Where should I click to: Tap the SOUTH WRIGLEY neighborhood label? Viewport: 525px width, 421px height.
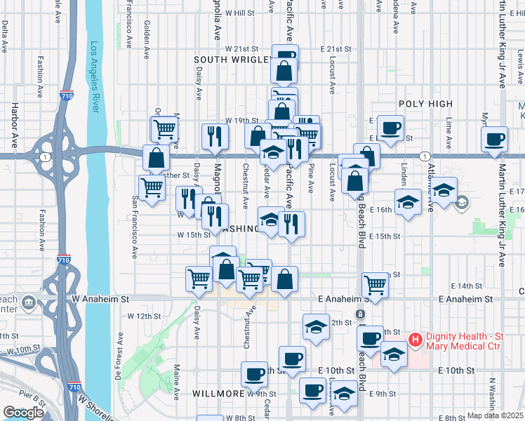232,60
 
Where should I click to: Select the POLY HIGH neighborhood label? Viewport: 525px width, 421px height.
425,104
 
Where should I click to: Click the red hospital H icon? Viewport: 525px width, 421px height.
415,340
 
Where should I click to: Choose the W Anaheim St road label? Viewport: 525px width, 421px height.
101,298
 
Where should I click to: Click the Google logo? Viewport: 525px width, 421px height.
23,413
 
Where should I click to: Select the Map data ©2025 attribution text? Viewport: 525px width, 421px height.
496,415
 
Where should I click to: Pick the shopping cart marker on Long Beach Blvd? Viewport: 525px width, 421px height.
376,285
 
